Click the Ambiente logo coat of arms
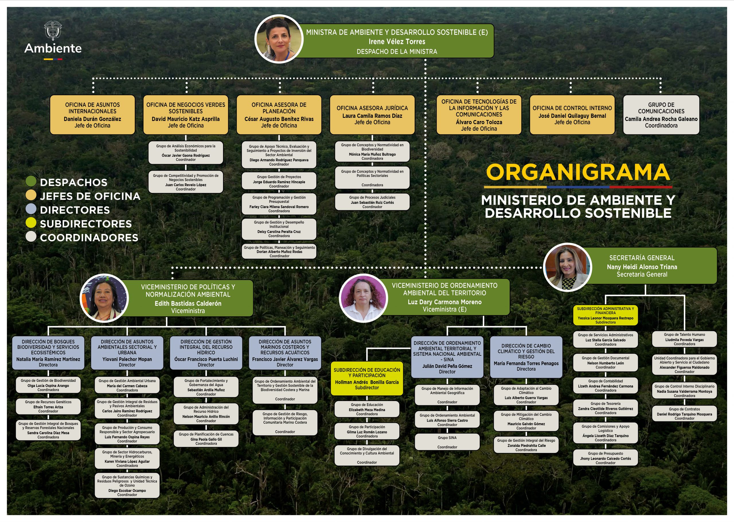(53, 31)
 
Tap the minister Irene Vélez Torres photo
(279, 39)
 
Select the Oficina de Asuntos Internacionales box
(92, 115)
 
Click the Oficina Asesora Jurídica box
(372, 115)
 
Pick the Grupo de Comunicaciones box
(661, 115)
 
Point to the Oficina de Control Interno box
(572, 115)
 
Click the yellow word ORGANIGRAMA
(578, 172)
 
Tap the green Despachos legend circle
(31, 181)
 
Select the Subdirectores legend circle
(31, 222)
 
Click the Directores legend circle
(31, 209)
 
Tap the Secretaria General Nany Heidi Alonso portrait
(567, 267)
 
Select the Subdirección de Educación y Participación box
(367, 379)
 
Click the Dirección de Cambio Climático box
(526, 357)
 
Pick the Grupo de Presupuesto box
(605, 458)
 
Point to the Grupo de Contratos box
(684, 414)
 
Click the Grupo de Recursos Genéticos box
(48, 406)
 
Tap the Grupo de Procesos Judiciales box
(372, 202)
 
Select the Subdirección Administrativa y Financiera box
(605, 315)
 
